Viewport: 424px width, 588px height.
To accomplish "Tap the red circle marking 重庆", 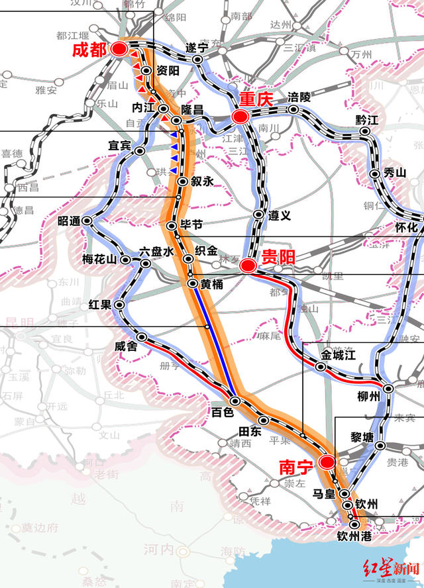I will pyautogui.click(x=240, y=117).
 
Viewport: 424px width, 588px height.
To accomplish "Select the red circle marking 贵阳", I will pyautogui.click(x=247, y=266).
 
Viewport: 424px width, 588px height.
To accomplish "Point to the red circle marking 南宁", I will pyautogui.click(x=326, y=462).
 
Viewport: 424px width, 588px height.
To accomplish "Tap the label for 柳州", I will pyautogui.click(x=368, y=396).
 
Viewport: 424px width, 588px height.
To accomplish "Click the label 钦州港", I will pyautogui.click(x=354, y=536).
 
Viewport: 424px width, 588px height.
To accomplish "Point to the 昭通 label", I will pyautogui.click(x=70, y=220).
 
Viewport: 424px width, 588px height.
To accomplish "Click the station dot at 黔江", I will pyautogui.click(x=364, y=132).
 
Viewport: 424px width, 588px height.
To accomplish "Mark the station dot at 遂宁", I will pyautogui.click(x=197, y=60).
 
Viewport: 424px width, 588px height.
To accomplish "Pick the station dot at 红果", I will pyautogui.click(x=120, y=305).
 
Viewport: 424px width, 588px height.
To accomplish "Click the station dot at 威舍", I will pyautogui.click(x=141, y=337).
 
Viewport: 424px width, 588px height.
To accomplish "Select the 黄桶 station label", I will pyautogui.click(x=215, y=284).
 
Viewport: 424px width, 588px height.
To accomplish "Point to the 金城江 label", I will pyautogui.click(x=339, y=356).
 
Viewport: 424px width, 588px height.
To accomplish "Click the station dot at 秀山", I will pyautogui.click(x=375, y=173).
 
